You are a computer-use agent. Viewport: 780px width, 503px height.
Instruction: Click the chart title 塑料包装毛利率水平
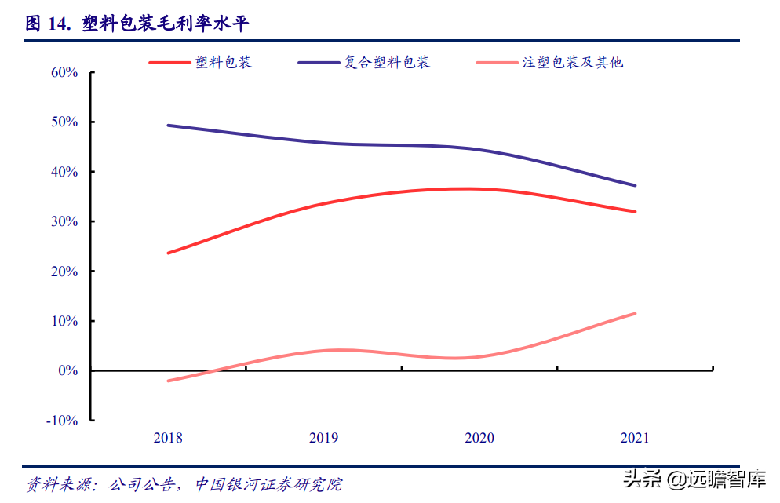pyautogui.click(x=165, y=24)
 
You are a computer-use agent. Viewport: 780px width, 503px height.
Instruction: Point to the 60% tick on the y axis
pyautogui.click(x=64, y=73)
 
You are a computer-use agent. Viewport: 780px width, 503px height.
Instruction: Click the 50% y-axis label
pyautogui.click(x=64, y=122)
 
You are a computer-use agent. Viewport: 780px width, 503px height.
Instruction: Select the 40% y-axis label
pyautogui.click(x=64, y=172)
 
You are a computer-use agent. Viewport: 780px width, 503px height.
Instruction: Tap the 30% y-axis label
pyautogui.click(x=64, y=221)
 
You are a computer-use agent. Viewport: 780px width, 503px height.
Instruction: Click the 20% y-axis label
pyautogui.click(x=64, y=272)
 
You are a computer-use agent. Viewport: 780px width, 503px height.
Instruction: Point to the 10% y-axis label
pyautogui.click(x=64, y=321)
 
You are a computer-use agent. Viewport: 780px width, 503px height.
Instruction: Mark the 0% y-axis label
pyautogui.click(x=67, y=370)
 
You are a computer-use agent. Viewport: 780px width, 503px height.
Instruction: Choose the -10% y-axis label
pyautogui.click(x=62, y=421)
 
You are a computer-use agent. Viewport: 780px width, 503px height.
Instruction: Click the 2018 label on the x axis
pyautogui.click(x=168, y=438)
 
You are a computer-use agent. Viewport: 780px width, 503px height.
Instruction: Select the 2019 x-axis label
pyautogui.click(x=324, y=438)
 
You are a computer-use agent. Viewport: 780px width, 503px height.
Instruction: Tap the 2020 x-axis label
pyautogui.click(x=479, y=438)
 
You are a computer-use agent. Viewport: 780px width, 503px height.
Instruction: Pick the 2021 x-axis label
pyautogui.click(x=635, y=438)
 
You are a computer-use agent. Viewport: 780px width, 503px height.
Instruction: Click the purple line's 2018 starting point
pyautogui.click(x=168, y=126)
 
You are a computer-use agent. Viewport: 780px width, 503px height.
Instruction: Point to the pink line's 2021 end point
pyautogui.click(x=636, y=313)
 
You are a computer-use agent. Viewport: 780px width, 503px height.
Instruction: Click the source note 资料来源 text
pyautogui.click(x=184, y=484)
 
